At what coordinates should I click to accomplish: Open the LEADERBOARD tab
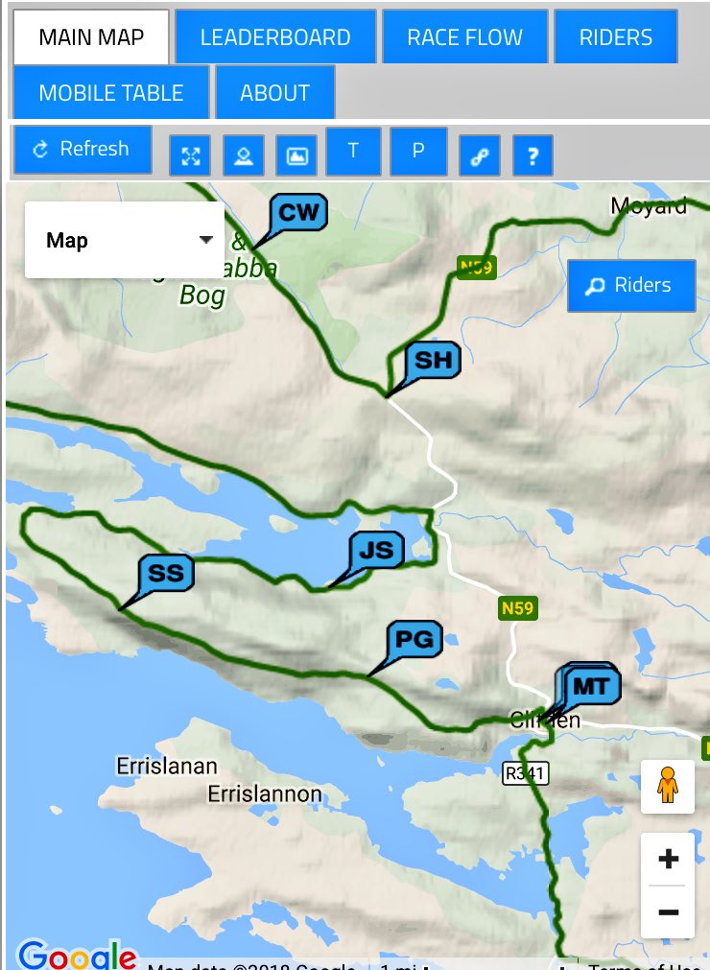coord(275,37)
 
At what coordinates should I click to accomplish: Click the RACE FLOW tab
coord(464,37)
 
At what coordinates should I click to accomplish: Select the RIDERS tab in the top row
coord(615,37)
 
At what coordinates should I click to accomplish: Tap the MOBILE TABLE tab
coord(110,93)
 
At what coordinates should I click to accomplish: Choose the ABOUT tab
coord(274,93)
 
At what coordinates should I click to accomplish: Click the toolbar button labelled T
coord(353,151)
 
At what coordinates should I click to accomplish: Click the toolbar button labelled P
coord(418,151)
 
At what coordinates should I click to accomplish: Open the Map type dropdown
coord(125,240)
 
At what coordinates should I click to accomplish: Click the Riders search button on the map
coord(630,285)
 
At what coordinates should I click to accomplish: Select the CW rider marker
coord(298,213)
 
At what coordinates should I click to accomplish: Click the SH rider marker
coord(433,361)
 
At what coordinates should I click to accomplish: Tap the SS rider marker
coord(166,574)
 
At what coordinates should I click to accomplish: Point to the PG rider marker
coord(415,640)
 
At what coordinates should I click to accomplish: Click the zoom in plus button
coord(668,859)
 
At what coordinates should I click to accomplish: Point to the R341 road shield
coord(526,772)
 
